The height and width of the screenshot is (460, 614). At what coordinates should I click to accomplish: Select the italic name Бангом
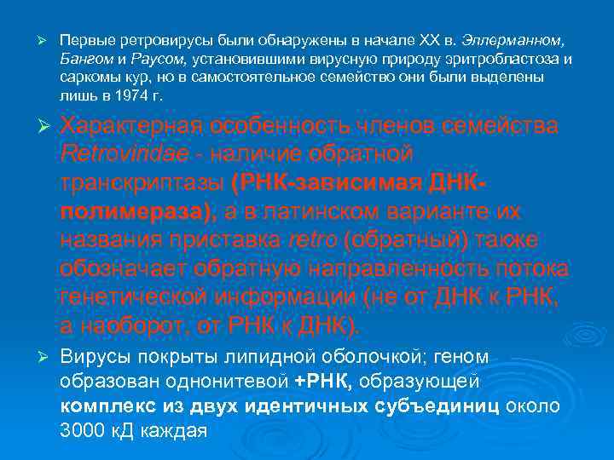(84, 59)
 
